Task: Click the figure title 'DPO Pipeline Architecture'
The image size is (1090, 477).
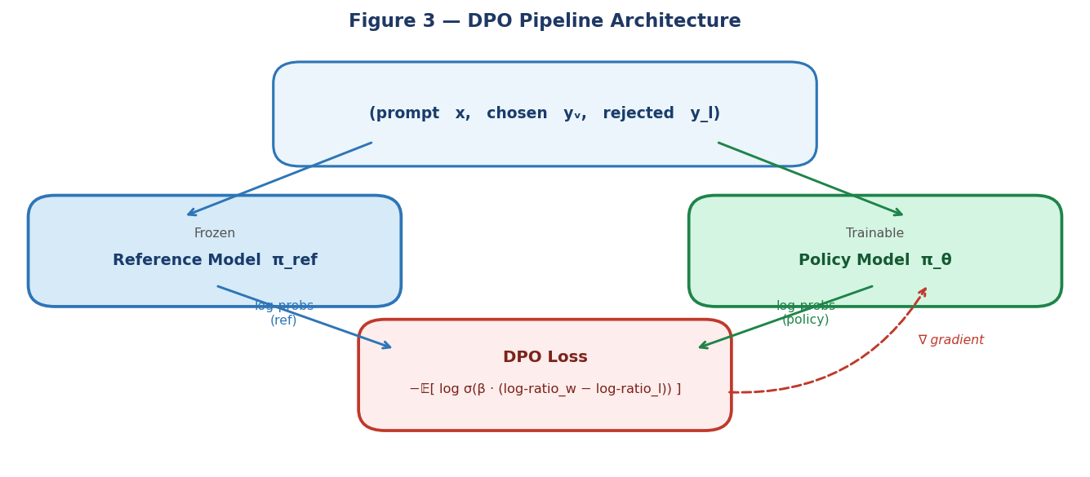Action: tap(545, 21)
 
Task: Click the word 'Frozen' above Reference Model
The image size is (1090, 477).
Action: tap(215, 233)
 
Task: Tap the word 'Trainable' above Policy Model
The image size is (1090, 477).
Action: tap(874, 233)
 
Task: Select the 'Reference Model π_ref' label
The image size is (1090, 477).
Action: tap(215, 260)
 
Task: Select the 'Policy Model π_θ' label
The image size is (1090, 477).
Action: tap(874, 260)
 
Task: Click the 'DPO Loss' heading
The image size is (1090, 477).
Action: tap(545, 357)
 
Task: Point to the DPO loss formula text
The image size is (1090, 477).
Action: tap(545, 389)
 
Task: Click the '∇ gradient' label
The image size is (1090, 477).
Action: tap(950, 340)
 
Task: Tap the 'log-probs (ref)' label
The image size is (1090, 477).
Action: tap(283, 313)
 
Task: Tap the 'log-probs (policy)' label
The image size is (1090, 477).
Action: tap(805, 313)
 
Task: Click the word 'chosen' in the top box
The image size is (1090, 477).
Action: tap(517, 113)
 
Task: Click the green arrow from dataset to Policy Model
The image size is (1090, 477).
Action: tap(810, 179)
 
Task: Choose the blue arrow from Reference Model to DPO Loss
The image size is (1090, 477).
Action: tap(304, 317)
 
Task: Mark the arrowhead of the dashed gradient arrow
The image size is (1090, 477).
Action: tap(923, 291)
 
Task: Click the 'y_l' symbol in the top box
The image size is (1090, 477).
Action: tap(705, 113)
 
